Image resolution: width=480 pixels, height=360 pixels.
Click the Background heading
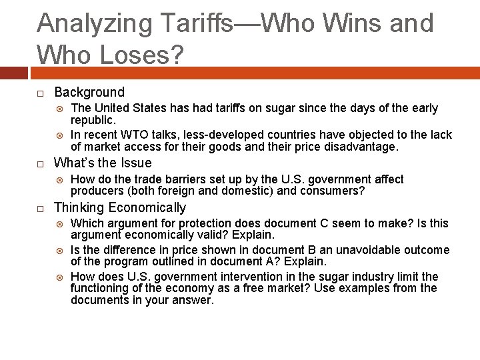click(x=89, y=92)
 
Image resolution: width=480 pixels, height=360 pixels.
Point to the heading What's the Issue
click(x=103, y=163)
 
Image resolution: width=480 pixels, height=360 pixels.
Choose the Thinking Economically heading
click(x=120, y=207)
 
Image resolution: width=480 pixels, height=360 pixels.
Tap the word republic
click(x=93, y=120)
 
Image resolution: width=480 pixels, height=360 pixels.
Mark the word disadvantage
click(x=364, y=147)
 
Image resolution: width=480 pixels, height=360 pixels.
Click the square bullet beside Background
click(x=41, y=93)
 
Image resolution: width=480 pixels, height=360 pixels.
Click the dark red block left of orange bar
click(x=13, y=72)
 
